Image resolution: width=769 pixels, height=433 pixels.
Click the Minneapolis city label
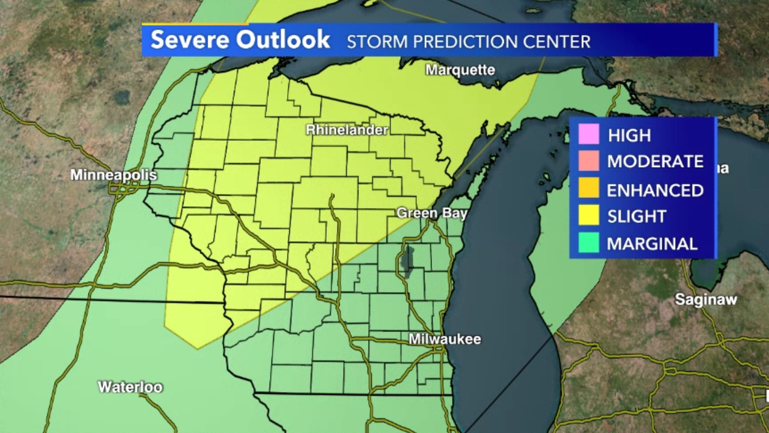(x=114, y=175)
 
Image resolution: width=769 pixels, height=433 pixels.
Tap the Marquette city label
(x=460, y=70)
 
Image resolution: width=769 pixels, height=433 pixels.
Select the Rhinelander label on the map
(x=347, y=129)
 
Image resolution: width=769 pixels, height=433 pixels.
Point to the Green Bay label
(x=431, y=213)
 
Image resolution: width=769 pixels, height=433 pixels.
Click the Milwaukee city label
(x=445, y=339)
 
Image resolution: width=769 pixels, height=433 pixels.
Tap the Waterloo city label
(x=130, y=387)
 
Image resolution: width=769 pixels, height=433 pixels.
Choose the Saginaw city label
(x=705, y=299)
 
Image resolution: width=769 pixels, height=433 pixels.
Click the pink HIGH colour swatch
(x=589, y=135)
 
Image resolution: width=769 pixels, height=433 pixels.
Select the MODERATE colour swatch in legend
(x=589, y=161)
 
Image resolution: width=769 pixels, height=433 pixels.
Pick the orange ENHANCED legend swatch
(x=589, y=189)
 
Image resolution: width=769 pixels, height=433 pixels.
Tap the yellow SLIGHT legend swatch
(x=589, y=216)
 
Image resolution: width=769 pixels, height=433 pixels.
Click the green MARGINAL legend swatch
(x=589, y=243)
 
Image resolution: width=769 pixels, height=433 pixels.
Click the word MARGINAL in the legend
(x=652, y=244)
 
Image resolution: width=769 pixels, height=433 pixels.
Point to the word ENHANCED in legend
(x=655, y=190)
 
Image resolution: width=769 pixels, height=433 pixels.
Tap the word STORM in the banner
(x=372, y=41)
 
